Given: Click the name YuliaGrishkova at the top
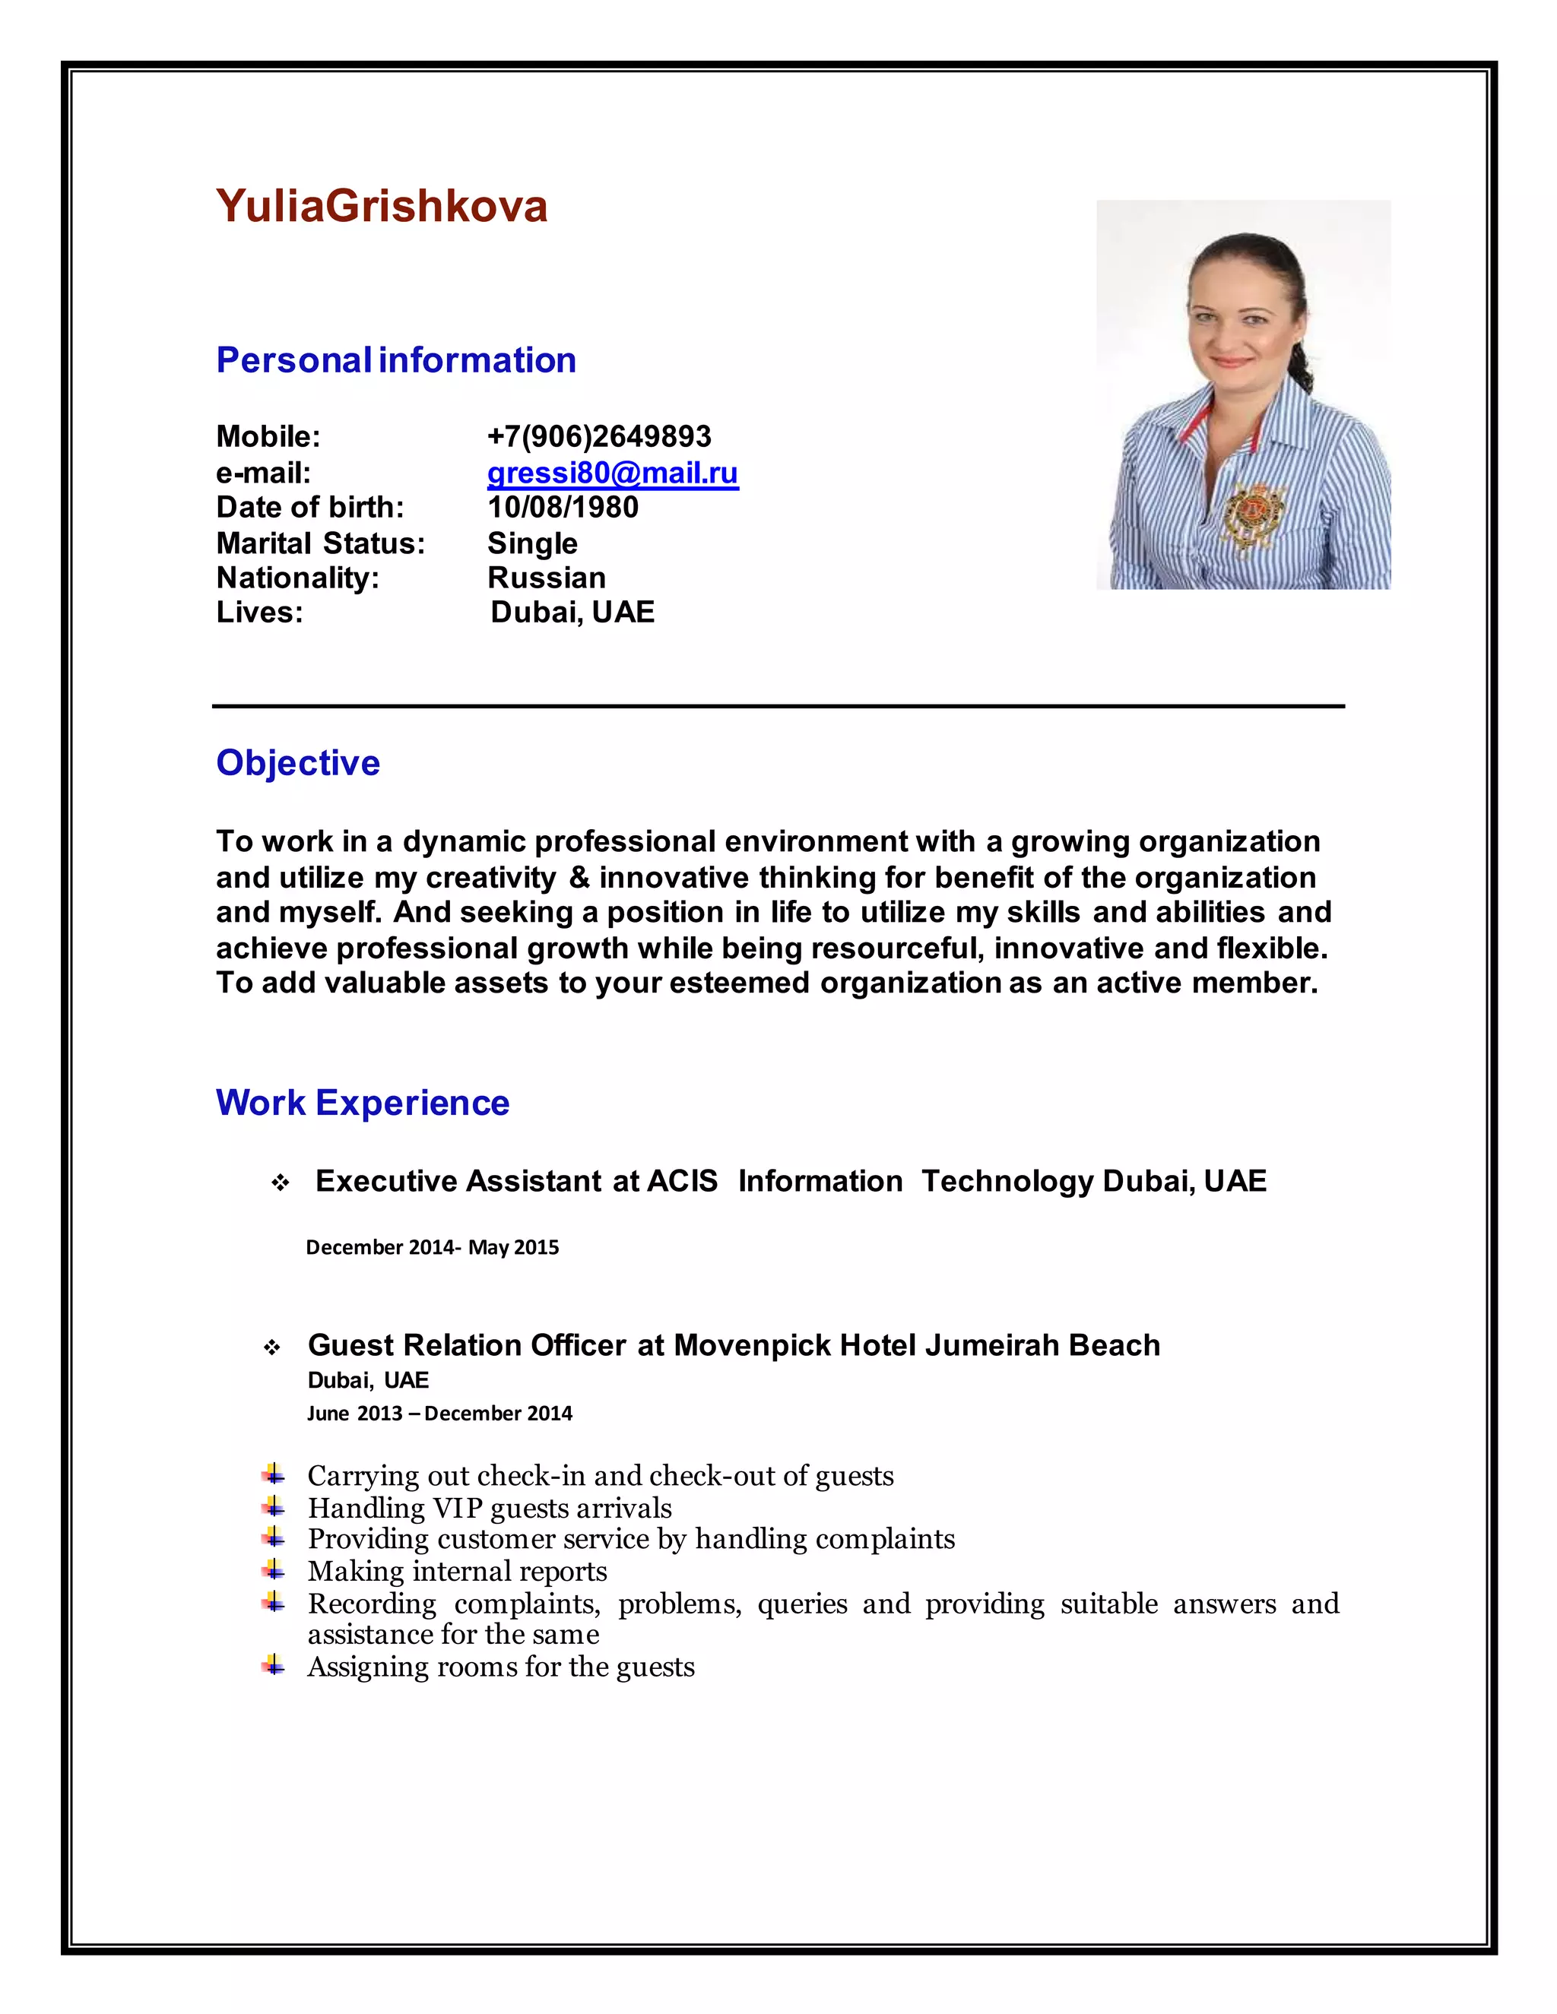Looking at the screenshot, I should (381, 206).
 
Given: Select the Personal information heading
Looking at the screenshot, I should (395, 359).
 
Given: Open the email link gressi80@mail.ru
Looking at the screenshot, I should (613, 473).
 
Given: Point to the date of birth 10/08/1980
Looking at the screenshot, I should (563, 507).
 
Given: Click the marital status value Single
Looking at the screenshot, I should (532, 543).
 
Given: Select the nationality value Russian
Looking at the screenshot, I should (546, 578).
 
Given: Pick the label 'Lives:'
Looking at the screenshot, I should (259, 613).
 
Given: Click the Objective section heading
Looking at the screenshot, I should (298, 762).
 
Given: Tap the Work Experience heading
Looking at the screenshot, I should (363, 1103).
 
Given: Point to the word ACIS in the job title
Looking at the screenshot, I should (682, 1181).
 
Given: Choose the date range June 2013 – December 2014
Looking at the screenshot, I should (439, 1414).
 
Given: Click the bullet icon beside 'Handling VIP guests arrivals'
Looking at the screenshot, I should (273, 1507).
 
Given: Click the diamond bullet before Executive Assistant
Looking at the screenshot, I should (281, 1183).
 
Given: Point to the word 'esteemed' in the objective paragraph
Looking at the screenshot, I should (740, 983).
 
